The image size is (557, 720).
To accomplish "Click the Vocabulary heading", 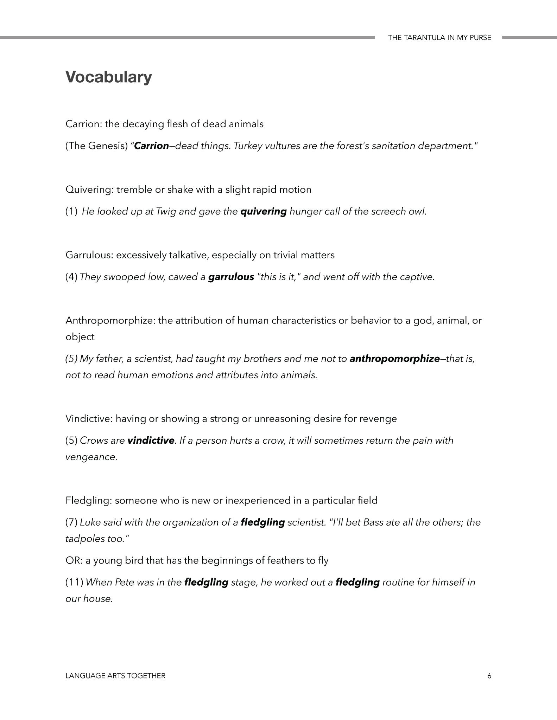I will click(x=109, y=77).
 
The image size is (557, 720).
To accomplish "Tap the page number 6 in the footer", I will click(x=489, y=676).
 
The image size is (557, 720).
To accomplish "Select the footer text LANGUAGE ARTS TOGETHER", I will click(x=115, y=676).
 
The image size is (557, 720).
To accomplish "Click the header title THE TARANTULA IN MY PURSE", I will click(x=439, y=38).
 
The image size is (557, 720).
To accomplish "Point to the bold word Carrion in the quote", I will click(x=152, y=146).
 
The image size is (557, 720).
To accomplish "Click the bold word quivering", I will click(x=264, y=212).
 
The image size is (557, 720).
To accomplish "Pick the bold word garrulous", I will click(x=231, y=277).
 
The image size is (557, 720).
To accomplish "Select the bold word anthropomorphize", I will click(x=394, y=359).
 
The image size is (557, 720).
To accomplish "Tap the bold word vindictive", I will click(x=151, y=441).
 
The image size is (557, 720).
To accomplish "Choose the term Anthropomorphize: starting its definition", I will click(x=110, y=321).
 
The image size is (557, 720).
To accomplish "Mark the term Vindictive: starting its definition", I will click(x=89, y=419).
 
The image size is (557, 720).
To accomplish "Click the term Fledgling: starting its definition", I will click(x=89, y=500).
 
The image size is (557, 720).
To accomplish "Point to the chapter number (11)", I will click(x=74, y=582).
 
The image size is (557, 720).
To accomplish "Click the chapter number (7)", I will click(x=71, y=522).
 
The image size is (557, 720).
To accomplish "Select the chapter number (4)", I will click(x=71, y=277).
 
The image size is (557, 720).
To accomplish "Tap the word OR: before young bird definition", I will click(x=74, y=560).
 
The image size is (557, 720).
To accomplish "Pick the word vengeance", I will click(x=91, y=457).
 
